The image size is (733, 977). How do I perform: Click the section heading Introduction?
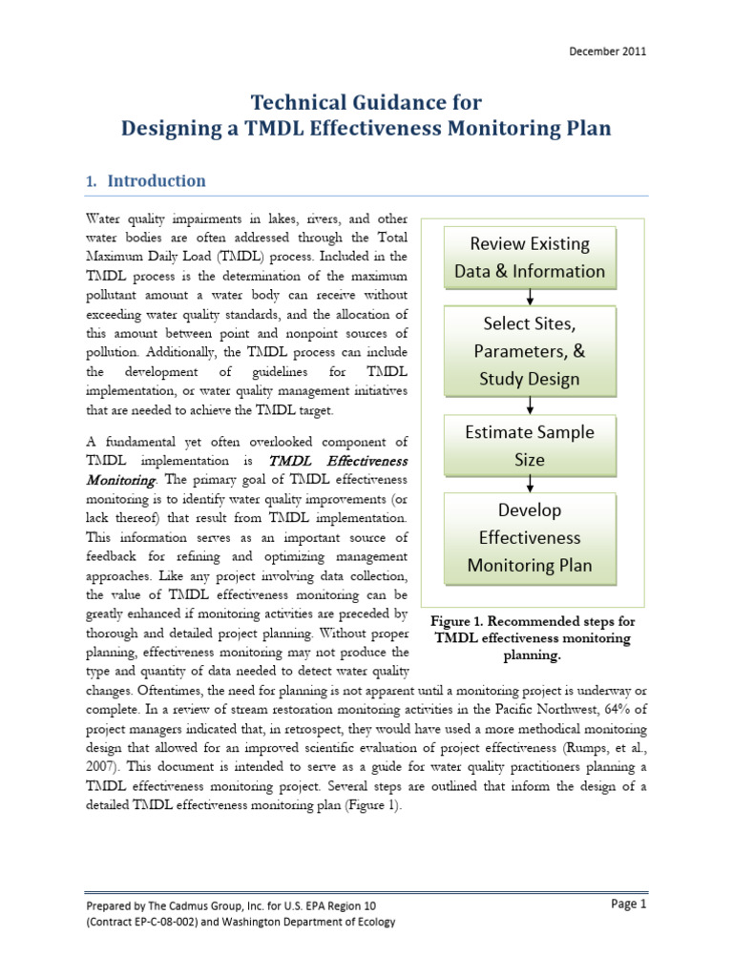point(157,180)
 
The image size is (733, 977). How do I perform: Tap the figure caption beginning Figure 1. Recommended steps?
point(533,638)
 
